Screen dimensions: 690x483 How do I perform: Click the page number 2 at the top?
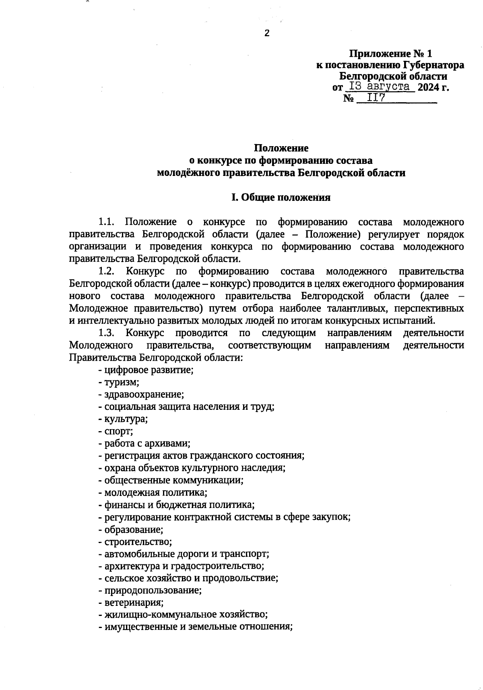[266, 33]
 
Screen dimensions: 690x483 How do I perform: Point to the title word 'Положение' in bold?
[281, 148]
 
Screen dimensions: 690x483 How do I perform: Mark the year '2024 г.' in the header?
[433, 87]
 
